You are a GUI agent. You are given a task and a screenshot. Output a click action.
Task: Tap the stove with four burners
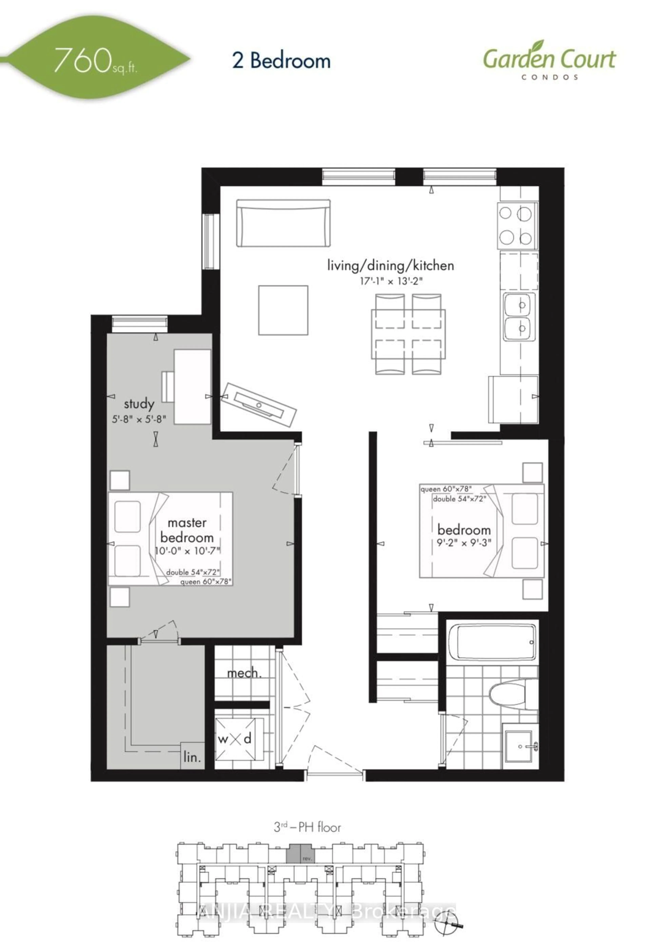pos(517,225)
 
